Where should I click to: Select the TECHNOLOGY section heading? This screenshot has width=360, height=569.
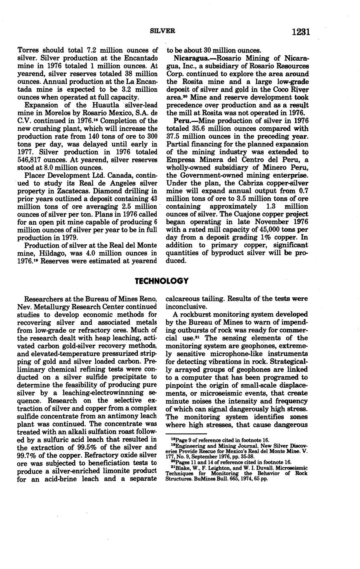coord(162,281)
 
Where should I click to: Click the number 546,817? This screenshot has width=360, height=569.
coord(35,160)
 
